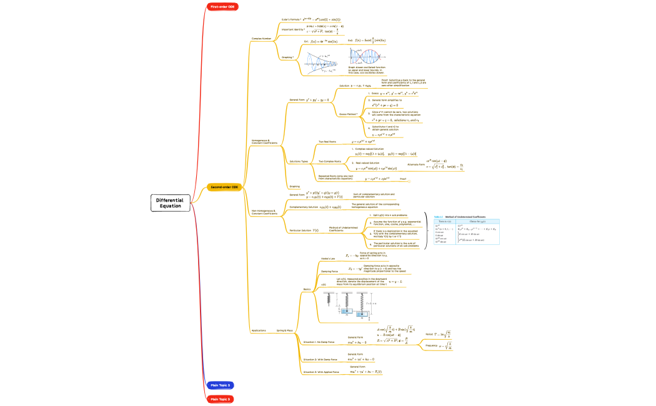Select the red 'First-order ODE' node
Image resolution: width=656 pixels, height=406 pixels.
222,6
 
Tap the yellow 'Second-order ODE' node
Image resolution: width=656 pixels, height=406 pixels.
224,187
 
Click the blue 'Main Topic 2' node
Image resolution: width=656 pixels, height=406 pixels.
221,385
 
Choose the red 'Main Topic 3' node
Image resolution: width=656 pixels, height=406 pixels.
221,399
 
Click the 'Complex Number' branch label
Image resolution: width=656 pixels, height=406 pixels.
261,38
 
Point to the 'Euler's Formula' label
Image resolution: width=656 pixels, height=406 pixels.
291,20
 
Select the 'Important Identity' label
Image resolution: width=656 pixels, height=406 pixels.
293,29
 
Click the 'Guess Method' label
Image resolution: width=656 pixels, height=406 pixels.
348,114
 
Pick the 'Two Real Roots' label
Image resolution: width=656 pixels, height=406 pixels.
327,142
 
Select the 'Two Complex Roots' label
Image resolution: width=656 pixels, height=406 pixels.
330,161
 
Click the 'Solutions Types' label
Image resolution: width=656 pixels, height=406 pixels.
299,161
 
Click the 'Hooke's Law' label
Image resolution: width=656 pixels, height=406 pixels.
328,258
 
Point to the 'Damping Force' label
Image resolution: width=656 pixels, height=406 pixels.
329,272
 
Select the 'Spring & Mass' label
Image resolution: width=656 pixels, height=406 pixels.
285,330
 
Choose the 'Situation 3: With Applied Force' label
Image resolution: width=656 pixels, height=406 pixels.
321,372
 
